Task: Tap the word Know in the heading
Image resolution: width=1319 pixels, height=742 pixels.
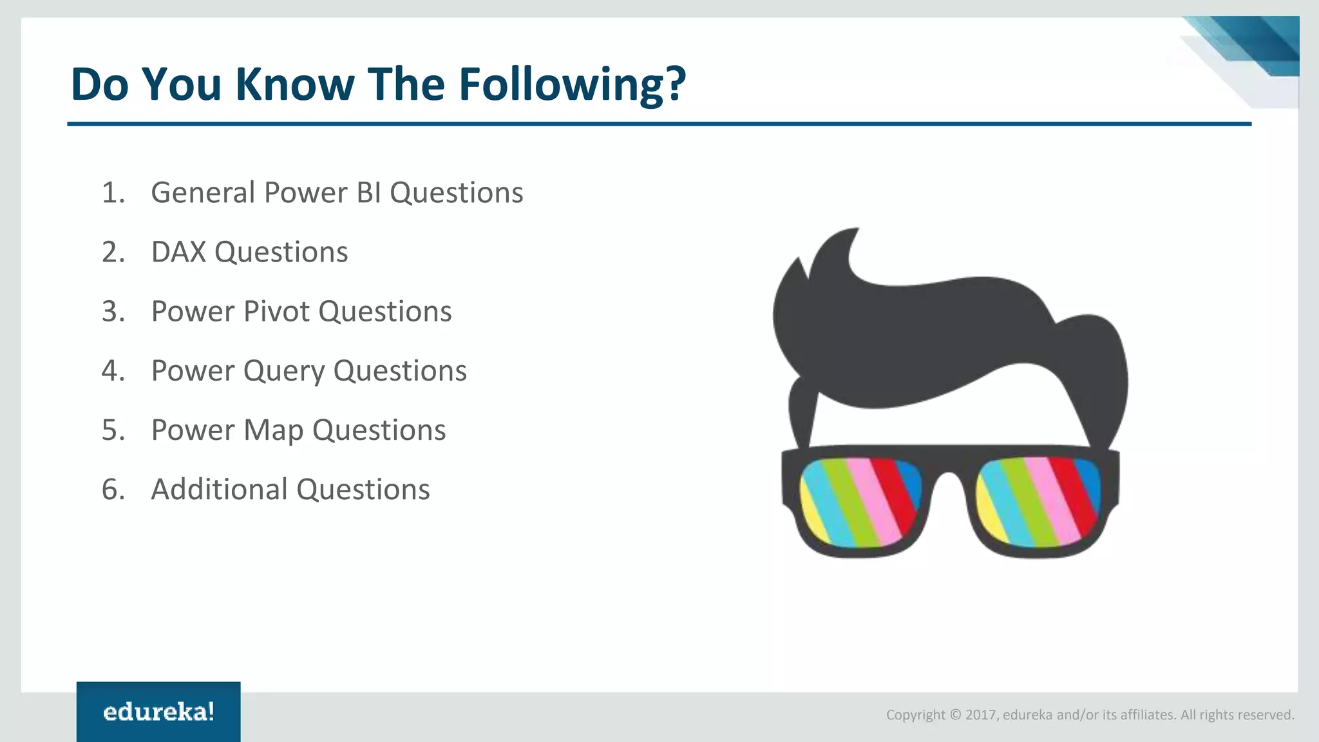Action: click(294, 84)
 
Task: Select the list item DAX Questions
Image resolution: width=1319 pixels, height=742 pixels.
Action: click(249, 252)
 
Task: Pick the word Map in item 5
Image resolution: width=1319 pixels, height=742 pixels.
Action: click(273, 430)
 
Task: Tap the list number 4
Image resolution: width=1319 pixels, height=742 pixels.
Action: click(113, 371)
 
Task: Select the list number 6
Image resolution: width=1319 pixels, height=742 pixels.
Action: click(113, 490)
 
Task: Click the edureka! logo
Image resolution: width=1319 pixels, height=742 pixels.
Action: click(158, 712)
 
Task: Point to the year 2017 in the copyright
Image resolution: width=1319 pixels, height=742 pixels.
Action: click(980, 715)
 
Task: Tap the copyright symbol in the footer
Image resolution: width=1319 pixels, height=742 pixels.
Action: click(955, 715)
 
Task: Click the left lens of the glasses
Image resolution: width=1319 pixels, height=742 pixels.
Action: click(860, 500)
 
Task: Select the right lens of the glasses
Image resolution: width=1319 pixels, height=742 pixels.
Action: click(1037, 500)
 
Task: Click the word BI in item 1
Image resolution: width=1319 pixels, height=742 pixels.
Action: click(369, 193)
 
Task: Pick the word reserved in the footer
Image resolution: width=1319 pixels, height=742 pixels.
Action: click(1268, 715)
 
